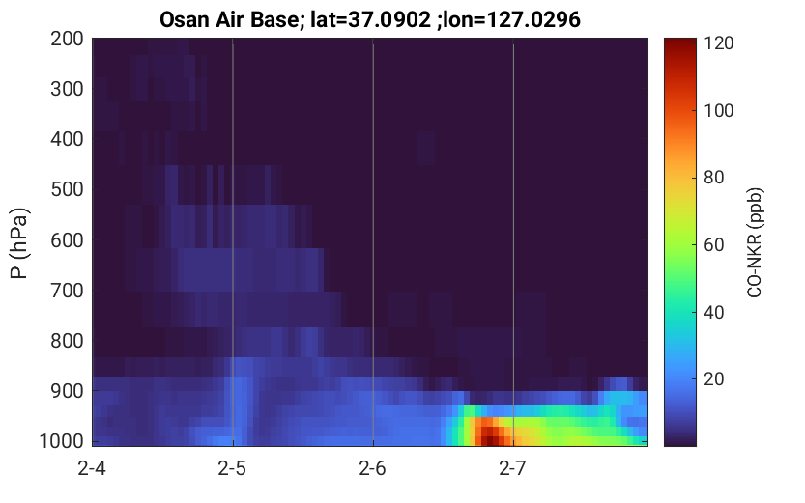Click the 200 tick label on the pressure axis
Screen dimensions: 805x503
pyautogui.click(x=67, y=39)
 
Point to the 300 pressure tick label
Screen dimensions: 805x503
pyautogui.click(x=67, y=89)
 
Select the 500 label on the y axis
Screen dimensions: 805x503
pyautogui.click(x=67, y=189)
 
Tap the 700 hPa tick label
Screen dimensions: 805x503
pyautogui.click(x=67, y=291)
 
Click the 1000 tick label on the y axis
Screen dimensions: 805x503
pyautogui.click(x=62, y=441)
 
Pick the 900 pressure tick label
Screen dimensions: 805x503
pyautogui.click(x=67, y=391)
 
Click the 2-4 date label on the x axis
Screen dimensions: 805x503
pyautogui.click(x=92, y=468)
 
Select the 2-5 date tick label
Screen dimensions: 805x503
pyautogui.click(x=232, y=468)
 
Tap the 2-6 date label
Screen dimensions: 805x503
pyautogui.click(x=372, y=468)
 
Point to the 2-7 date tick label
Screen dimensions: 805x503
pyautogui.click(x=512, y=468)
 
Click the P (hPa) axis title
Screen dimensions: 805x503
pyautogui.click(x=19, y=243)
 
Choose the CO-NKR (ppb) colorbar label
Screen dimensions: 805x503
pyautogui.click(x=755, y=242)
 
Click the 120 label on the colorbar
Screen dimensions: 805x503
pyautogui.click(x=719, y=43)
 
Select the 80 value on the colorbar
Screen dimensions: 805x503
pyautogui.click(x=713, y=178)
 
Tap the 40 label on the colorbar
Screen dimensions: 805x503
pyautogui.click(x=713, y=312)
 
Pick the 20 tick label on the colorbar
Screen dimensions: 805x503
pyautogui.click(x=713, y=378)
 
